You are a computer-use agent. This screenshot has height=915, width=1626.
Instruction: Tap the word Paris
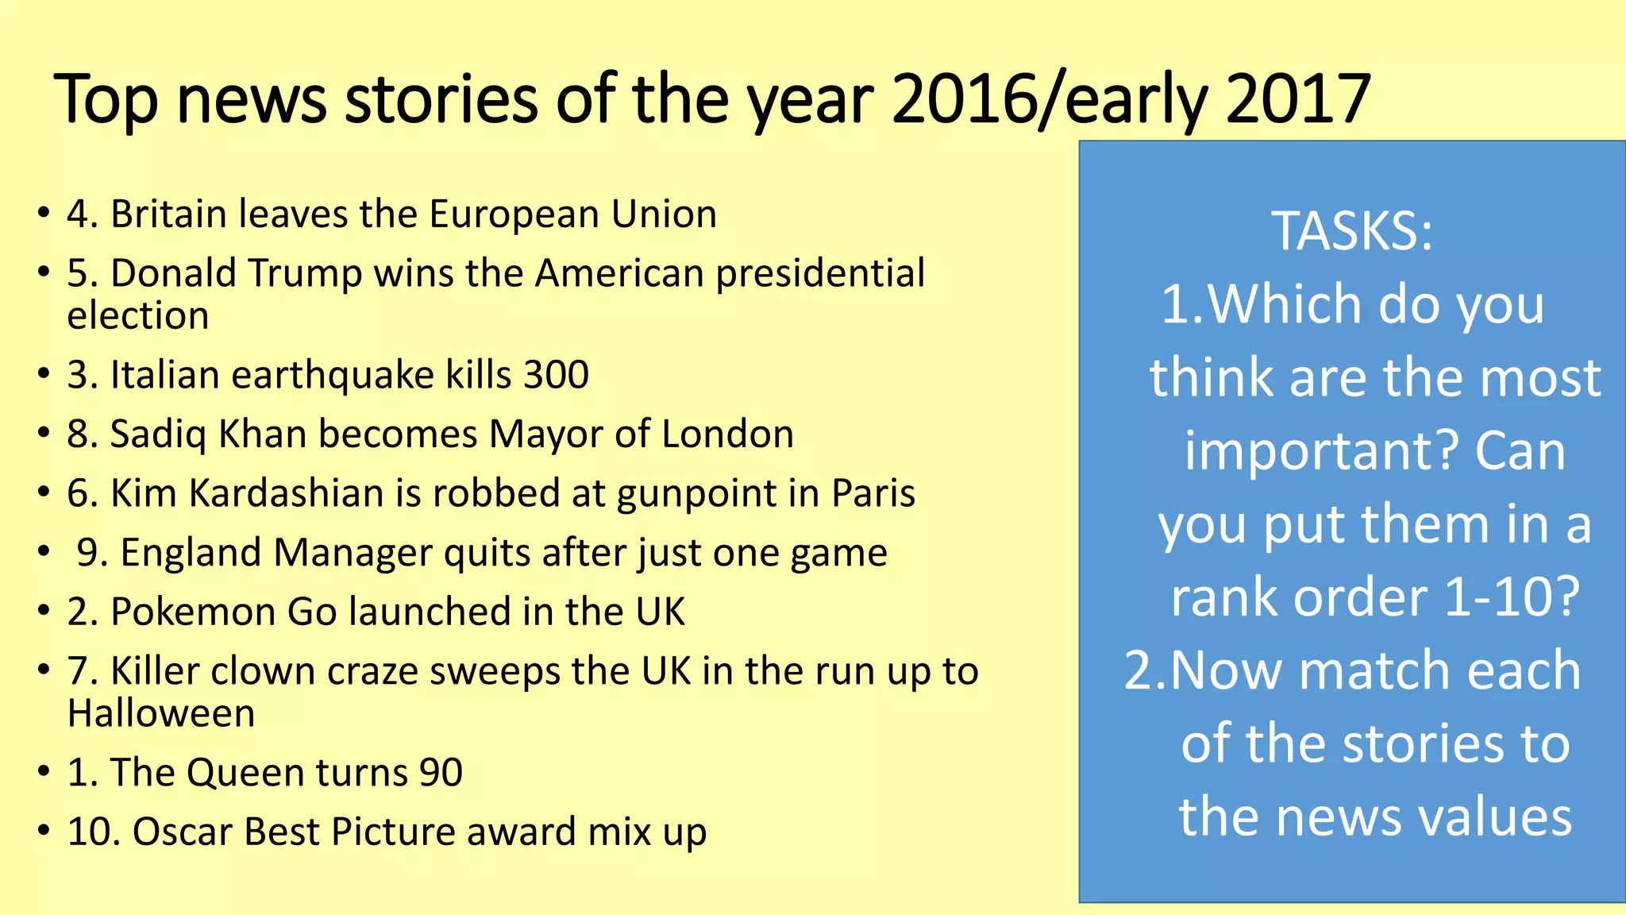[873, 493]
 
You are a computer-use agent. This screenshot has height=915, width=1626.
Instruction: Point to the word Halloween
[161, 713]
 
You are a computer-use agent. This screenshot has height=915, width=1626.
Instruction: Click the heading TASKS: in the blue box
[1352, 231]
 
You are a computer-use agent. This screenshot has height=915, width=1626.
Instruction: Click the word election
[138, 316]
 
